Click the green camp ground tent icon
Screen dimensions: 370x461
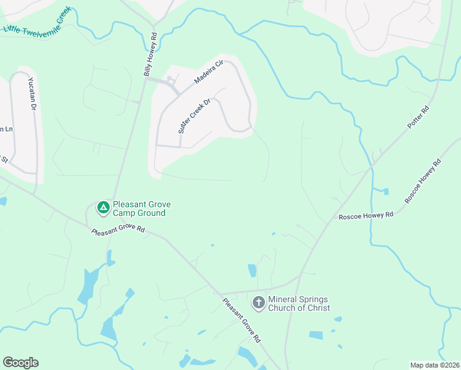coord(104,208)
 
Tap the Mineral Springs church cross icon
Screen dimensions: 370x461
coord(259,302)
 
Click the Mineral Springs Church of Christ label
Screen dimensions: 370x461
coord(299,303)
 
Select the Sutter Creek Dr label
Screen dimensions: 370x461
coord(195,116)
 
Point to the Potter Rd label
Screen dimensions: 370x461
coord(418,117)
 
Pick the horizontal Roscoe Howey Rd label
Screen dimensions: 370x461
coord(366,216)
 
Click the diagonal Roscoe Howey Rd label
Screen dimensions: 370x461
coord(423,182)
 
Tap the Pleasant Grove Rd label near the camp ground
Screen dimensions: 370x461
coord(118,231)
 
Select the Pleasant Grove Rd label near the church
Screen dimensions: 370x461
coord(242,321)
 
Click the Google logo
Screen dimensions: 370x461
coord(20,363)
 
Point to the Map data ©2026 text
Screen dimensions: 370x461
coord(434,365)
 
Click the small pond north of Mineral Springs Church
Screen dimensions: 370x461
coord(252,270)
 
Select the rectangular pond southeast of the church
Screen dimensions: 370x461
coord(316,335)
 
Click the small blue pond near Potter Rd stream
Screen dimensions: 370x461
coord(385,191)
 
